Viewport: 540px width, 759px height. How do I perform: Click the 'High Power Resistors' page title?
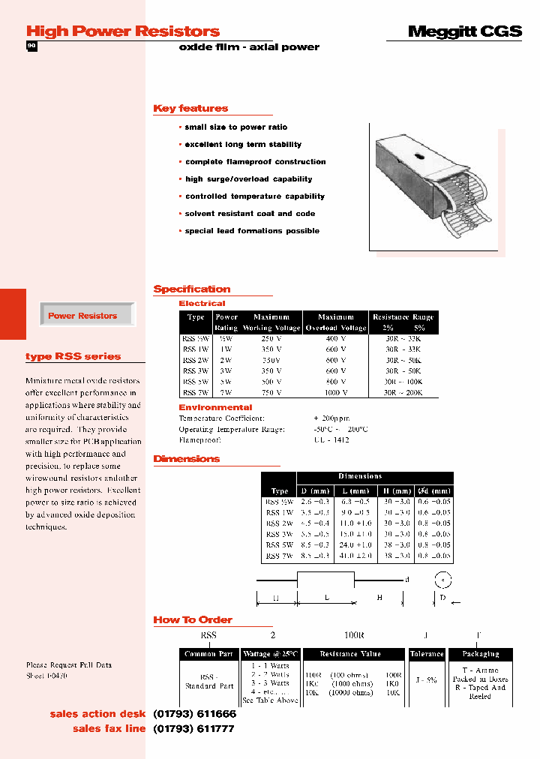[x=123, y=31]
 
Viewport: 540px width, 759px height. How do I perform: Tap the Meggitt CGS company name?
[x=464, y=31]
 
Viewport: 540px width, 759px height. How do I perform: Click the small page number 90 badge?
[x=31, y=46]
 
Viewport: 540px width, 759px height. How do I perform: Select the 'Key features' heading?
[x=190, y=109]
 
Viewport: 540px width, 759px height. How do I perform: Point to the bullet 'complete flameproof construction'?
[x=255, y=162]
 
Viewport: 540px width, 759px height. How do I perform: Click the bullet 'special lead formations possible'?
[x=252, y=231]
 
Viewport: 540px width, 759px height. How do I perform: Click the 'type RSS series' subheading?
[x=73, y=357]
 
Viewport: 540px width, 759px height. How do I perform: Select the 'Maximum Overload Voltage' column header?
[x=335, y=322]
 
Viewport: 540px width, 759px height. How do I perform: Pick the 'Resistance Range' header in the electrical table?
[x=403, y=317]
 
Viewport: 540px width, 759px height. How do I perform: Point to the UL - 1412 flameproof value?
[x=331, y=440]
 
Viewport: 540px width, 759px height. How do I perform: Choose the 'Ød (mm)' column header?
[x=433, y=491]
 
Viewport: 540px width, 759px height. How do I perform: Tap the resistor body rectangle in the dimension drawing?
[x=325, y=580]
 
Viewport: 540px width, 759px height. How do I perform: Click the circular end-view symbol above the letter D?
[x=443, y=580]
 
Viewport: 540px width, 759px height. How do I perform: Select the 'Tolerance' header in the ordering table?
[x=427, y=654]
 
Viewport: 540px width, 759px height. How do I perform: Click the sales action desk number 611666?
[x=194, y=714]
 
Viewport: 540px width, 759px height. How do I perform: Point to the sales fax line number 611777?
[x=194, y=729]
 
